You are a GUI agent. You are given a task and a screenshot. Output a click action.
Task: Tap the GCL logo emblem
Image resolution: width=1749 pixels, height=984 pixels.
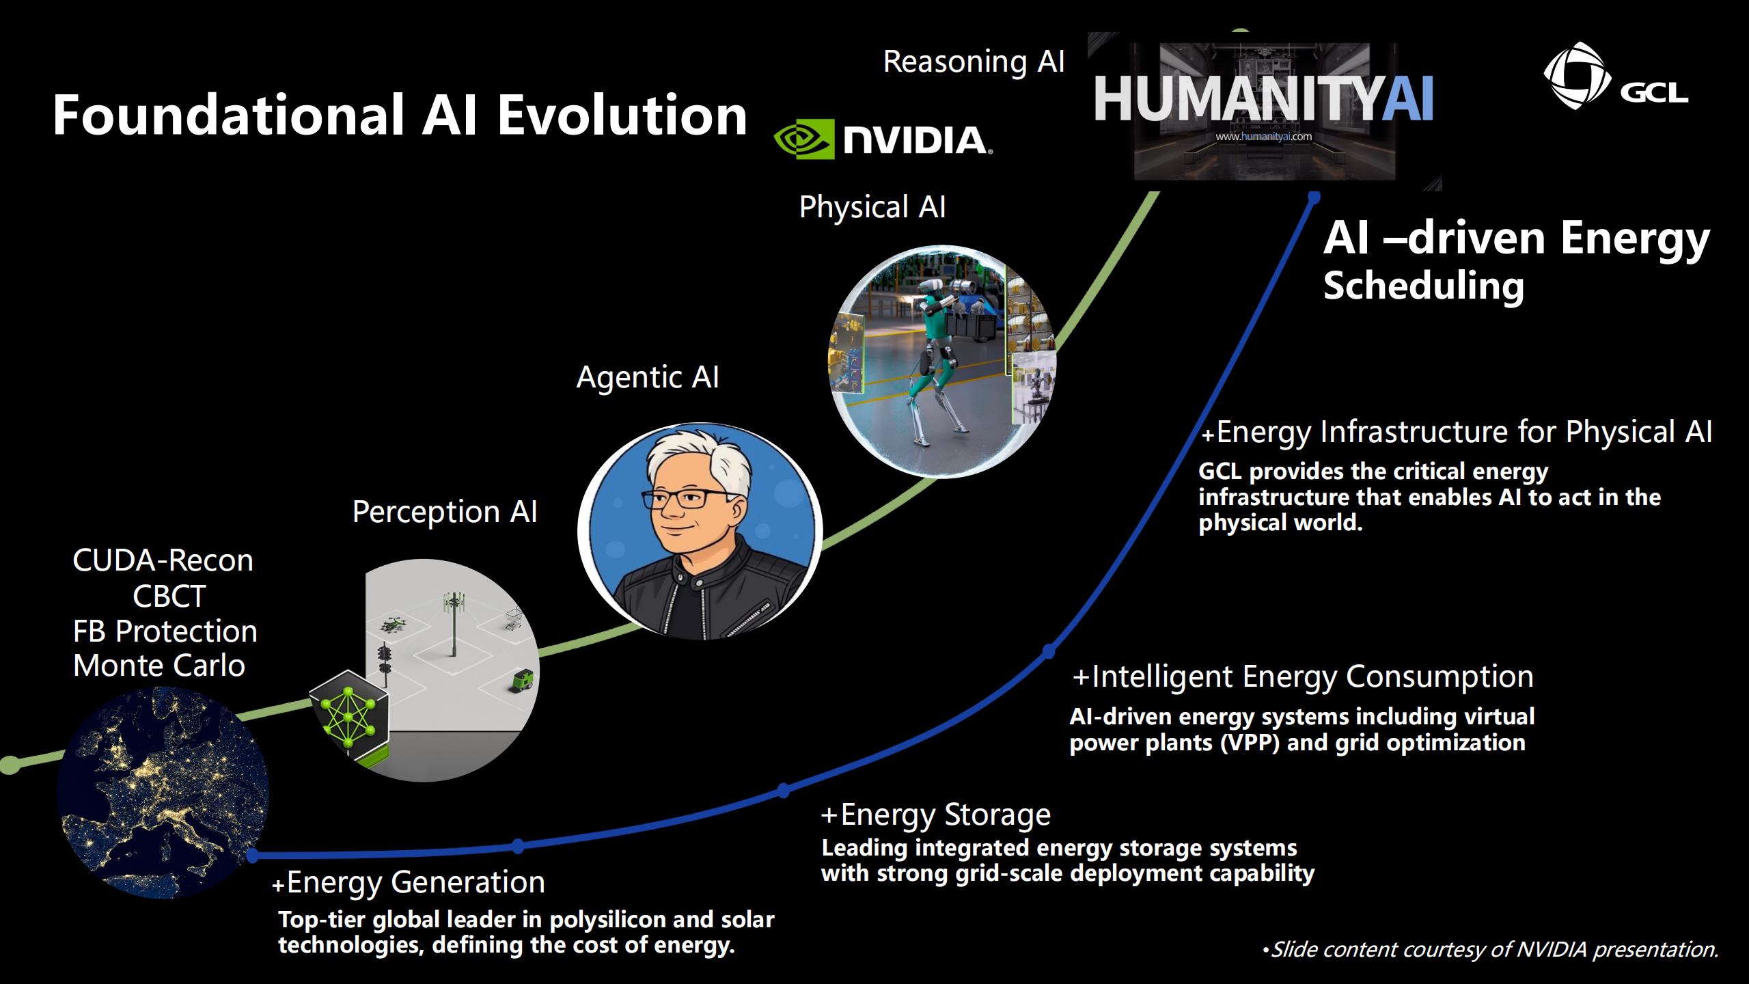[x=1573, y=75]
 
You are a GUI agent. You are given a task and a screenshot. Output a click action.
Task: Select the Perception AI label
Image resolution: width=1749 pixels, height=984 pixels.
[x=445, y=512]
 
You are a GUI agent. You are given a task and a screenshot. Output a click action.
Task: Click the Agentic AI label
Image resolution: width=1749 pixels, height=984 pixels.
[x=648, y=377]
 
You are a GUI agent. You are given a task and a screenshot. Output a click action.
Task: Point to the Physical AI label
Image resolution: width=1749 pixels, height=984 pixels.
[x=872, y=207]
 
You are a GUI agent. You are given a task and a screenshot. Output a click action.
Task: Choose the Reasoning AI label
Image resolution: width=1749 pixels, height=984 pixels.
[x=974, y=62]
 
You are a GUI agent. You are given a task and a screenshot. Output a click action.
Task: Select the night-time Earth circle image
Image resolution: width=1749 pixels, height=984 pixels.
[x=163, y=793]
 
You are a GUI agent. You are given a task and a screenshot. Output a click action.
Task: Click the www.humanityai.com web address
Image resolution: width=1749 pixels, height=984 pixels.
[x=1263, y=136]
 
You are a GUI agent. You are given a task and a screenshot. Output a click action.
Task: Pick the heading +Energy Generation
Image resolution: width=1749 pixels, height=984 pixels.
[x=409, y=882]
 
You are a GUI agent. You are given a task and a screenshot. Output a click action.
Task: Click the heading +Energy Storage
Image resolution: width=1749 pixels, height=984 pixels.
[x=936, y=815]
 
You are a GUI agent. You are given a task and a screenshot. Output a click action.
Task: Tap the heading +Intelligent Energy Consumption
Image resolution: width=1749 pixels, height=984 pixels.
[x=1303, y=676]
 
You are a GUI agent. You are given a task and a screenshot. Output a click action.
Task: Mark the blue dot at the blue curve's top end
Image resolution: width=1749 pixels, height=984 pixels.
[x=1314, y=197]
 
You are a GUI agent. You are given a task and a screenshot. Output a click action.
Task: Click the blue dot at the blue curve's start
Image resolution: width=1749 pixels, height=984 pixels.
[x=253, y=855]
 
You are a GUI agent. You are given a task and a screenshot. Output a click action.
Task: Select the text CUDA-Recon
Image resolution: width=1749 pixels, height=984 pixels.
[x=163, y=561]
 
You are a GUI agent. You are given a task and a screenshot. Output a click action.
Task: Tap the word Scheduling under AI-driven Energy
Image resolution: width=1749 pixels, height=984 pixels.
[x=1424, y=286]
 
